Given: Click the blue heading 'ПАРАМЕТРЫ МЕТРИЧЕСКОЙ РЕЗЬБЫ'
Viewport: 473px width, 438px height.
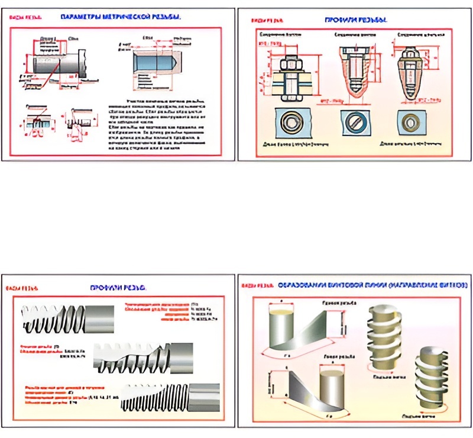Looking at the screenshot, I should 121,17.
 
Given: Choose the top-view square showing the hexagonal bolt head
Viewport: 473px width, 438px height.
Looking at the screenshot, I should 291,122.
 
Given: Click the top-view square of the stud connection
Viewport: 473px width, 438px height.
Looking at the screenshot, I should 410,122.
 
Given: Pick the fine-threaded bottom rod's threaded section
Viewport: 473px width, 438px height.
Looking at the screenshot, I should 157,396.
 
